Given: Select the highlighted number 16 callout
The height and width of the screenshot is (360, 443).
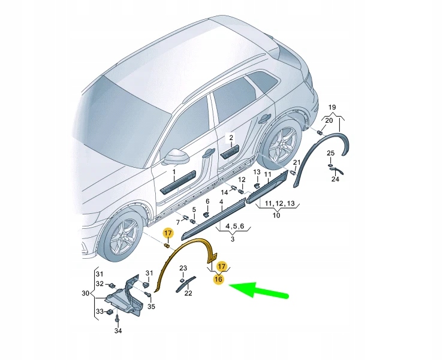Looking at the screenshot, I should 219,279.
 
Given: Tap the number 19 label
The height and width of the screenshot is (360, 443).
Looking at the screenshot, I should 332,108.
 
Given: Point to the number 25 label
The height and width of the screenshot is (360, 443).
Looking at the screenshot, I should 330,154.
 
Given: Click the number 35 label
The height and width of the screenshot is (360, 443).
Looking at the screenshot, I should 151,307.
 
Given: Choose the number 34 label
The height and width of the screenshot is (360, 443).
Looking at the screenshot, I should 117,331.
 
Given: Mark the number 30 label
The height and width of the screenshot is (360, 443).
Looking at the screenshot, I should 86,294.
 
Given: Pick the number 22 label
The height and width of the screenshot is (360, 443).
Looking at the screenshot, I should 188,293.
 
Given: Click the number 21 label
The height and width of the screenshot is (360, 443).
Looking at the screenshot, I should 297,163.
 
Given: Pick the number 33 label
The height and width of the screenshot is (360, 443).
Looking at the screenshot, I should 100,311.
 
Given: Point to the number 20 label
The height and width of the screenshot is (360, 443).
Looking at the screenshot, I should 329,120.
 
